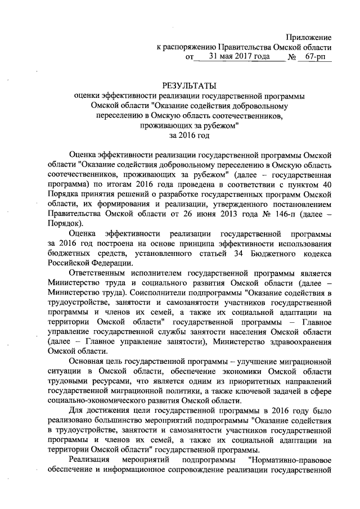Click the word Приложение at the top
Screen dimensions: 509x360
308,37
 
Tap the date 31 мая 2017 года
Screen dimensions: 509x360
232,57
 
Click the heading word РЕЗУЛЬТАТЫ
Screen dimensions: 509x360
189,86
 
